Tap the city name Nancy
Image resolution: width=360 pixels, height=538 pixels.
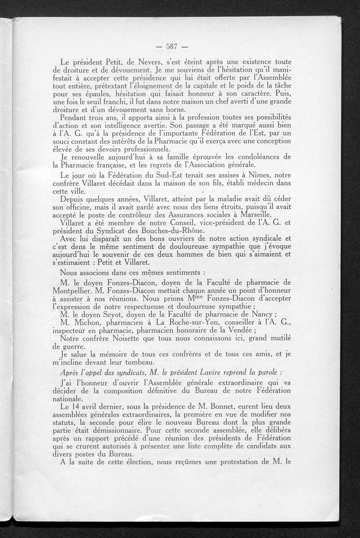(x=265, y=314)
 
